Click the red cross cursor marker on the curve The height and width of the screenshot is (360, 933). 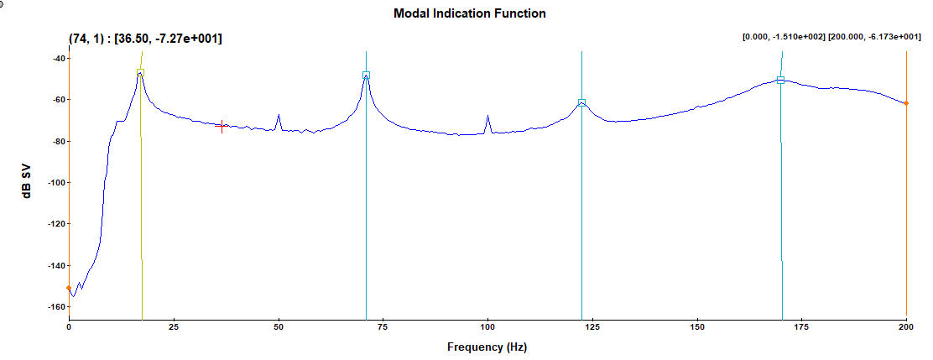(x=222, y=127)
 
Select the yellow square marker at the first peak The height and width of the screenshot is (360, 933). (x=140, y=74)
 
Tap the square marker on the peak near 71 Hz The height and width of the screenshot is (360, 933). (x=366, y=76)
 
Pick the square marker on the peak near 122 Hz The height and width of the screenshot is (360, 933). (x=581, y=103)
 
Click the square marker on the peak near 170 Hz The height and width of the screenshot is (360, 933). (x=780, y=81)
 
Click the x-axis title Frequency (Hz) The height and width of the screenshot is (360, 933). (x=487, y=347)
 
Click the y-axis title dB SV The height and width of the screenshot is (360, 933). (x=28, y=182)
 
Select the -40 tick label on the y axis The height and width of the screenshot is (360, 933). (x=57, y=59)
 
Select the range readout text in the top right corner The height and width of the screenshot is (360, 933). (x=830, y=37)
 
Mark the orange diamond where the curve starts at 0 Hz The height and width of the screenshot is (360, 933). (x=69, y=289)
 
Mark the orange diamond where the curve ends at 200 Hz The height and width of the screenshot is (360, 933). (x=906, y=103)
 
